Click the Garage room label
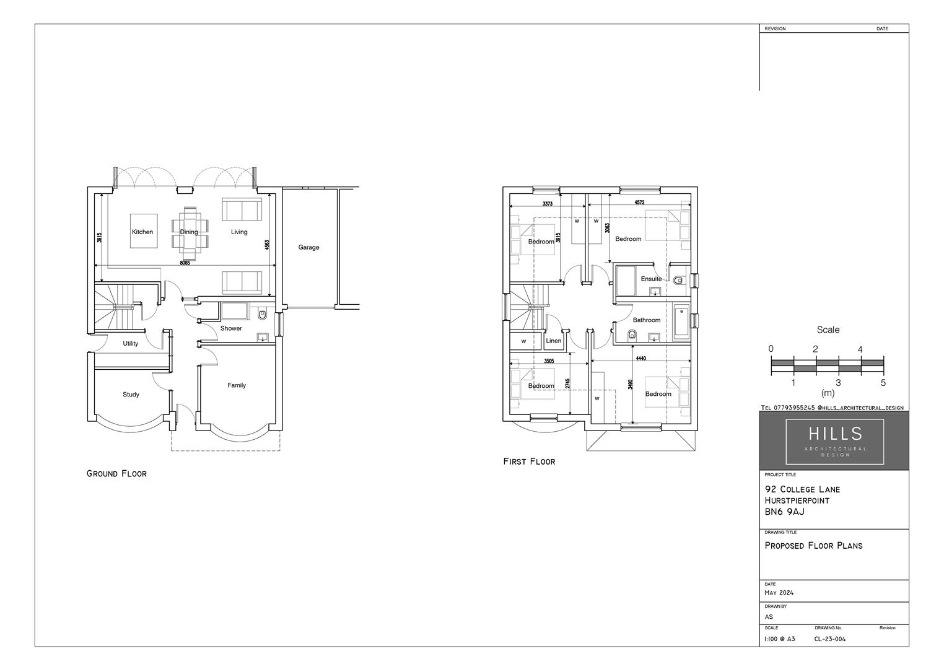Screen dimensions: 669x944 click(308, 247)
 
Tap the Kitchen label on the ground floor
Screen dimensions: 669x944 click(142, 232)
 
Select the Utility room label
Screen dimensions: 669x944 click(130, 343)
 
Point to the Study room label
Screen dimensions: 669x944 click(131, 395)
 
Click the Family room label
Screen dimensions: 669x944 click(237, 385)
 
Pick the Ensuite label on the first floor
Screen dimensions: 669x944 click(651, 279)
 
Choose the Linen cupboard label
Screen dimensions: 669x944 click(554, 341)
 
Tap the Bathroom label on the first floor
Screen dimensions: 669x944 click(647, 320)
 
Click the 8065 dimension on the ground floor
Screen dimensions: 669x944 click(185, 263)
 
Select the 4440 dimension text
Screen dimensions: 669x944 click(640, 359)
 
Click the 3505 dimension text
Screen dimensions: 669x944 click(549, 361)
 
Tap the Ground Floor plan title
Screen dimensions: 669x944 click(116, 474)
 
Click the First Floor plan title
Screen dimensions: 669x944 click(529, 461)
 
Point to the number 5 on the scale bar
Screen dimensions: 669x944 click(883, 383)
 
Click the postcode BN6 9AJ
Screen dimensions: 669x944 click(784, 512)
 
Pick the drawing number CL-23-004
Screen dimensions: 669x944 click(829, 639)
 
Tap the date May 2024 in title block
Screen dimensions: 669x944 click(779, 593)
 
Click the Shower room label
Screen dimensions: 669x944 click(231, 328)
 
